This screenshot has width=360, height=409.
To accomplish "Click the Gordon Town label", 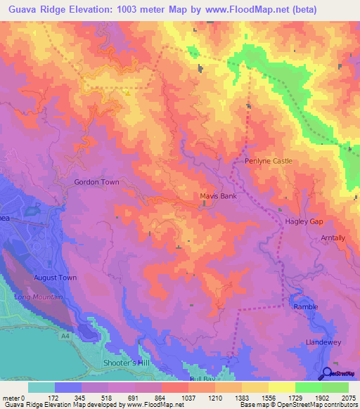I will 96,182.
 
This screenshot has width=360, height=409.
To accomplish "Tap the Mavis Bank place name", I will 219,196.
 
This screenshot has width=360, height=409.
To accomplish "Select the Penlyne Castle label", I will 268,161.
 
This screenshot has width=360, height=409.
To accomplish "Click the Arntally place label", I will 333,238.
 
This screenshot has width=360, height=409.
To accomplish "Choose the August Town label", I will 55,278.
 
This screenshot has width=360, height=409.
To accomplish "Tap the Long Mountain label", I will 38,297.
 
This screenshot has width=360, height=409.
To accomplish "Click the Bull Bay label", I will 201,379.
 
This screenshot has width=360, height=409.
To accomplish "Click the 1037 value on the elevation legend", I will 188,397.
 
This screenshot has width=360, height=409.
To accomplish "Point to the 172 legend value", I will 53,397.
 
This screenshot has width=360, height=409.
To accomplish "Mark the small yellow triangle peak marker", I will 127,92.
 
